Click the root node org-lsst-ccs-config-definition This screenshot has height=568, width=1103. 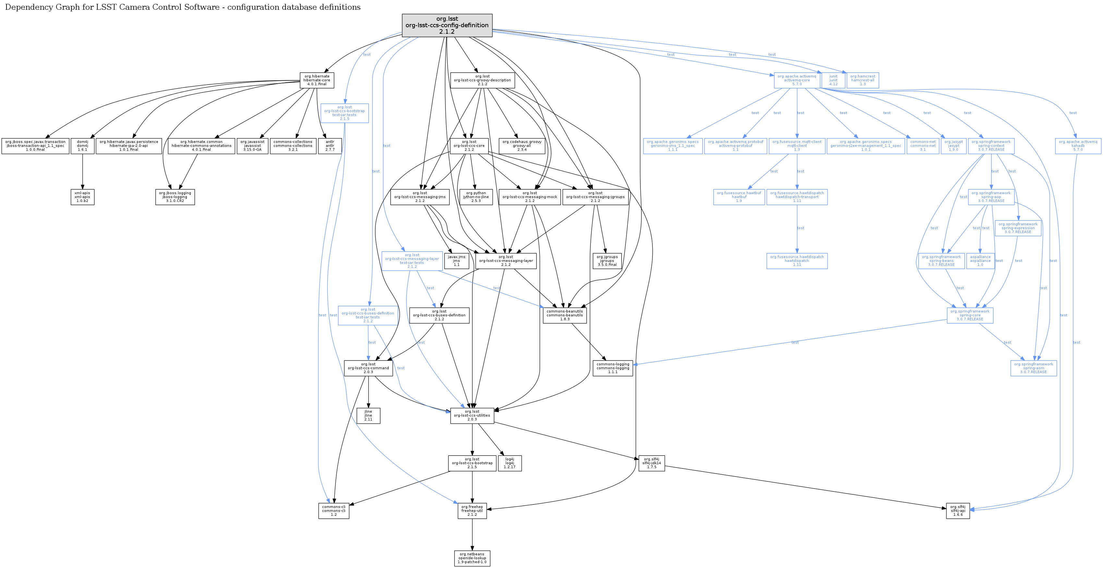[x=447, y=25]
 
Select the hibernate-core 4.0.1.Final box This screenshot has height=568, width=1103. [x=317, y=80]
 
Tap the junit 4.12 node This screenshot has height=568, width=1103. [x=833, y=80]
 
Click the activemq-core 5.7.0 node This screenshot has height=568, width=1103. [x=797, y=80]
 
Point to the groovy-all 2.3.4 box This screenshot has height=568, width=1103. [x=522, y=146]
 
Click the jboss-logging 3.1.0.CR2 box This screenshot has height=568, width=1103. [x=175, y=197]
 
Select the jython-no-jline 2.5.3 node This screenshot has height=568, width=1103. [x=476, y=197]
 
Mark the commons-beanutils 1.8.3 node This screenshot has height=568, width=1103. [x=564, y=315]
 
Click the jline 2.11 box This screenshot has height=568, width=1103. [x=368, y=416]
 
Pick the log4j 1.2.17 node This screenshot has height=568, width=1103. [x=510, y=463]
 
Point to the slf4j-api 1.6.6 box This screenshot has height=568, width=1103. [x=958, y=511]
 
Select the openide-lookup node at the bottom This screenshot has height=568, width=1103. [x=472, y=558]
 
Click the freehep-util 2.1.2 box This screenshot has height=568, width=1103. [x=472, y=511]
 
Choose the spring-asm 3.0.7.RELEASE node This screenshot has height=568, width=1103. [x=1033, y=368]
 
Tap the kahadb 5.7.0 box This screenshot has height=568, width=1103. [x=1078, y=146]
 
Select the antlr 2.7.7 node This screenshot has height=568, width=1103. [x=330, y=146]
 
